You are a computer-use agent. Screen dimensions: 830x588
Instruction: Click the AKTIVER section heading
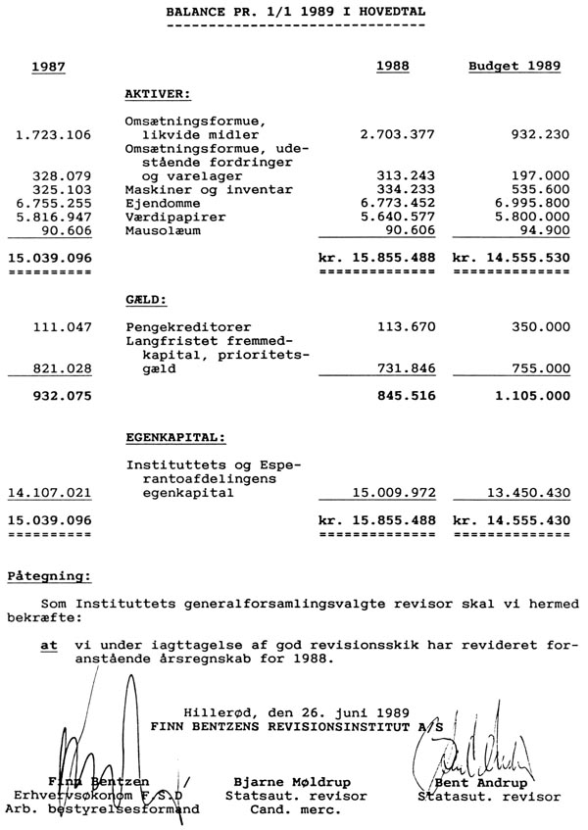click(x=158, y=94)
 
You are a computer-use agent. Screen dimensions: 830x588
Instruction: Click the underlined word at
click(x=47, y=647)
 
